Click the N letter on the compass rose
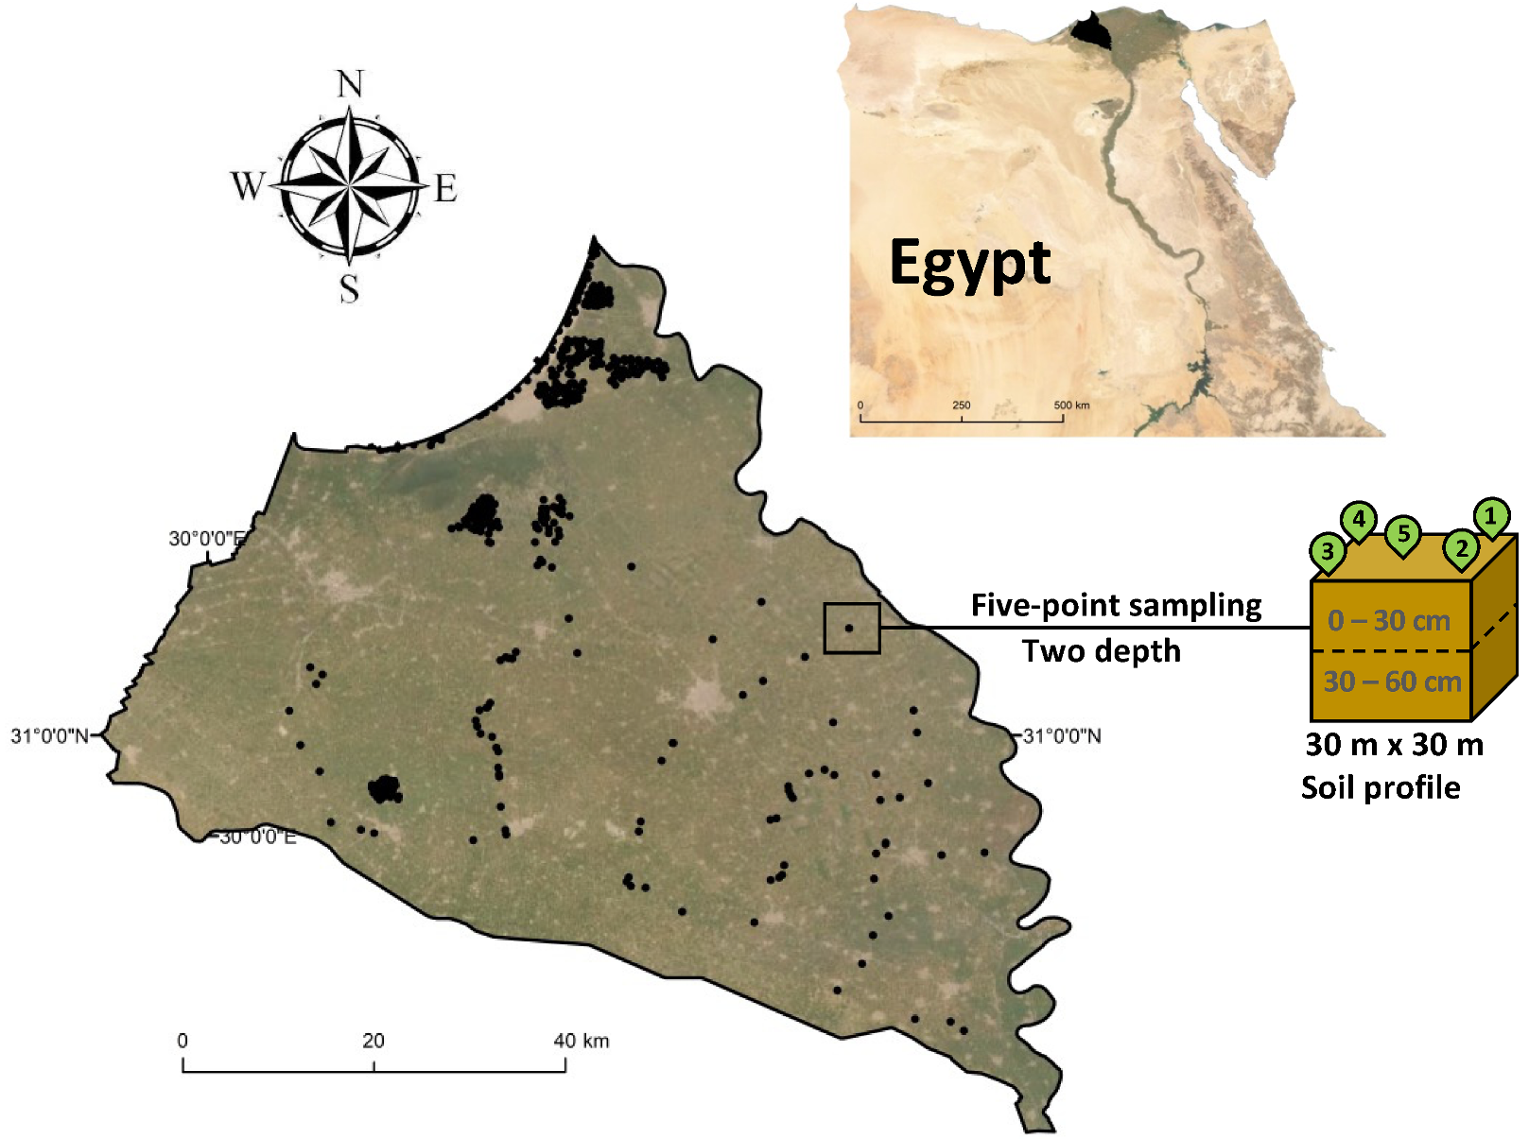click(x=351, y=85)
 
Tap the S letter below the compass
click(x=350, y=288)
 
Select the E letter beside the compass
click(x=445, y=189)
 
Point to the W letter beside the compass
click(x=248, y=186)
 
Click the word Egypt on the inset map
click(x=969, y=264)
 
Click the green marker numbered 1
click(x=1491, y=516)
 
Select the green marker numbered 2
click(x=1461, y=548)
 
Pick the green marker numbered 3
click(x=1328, y=551)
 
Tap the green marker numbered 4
click(x=1359, y=518)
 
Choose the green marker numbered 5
click(x=1403, y=534)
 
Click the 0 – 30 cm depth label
click(x=1388, y=621)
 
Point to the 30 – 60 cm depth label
click(x=1392, y=682)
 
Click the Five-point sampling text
click(x=1116, y=606)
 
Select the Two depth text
click(x=1102, y=651)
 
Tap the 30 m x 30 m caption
click(x=1394, y=745)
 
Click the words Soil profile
click(x=1381, y=787)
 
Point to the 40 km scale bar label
click(x=581, y=1041)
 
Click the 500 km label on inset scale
click(x=1071, y=406)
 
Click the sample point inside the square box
click(x=849, y=628)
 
